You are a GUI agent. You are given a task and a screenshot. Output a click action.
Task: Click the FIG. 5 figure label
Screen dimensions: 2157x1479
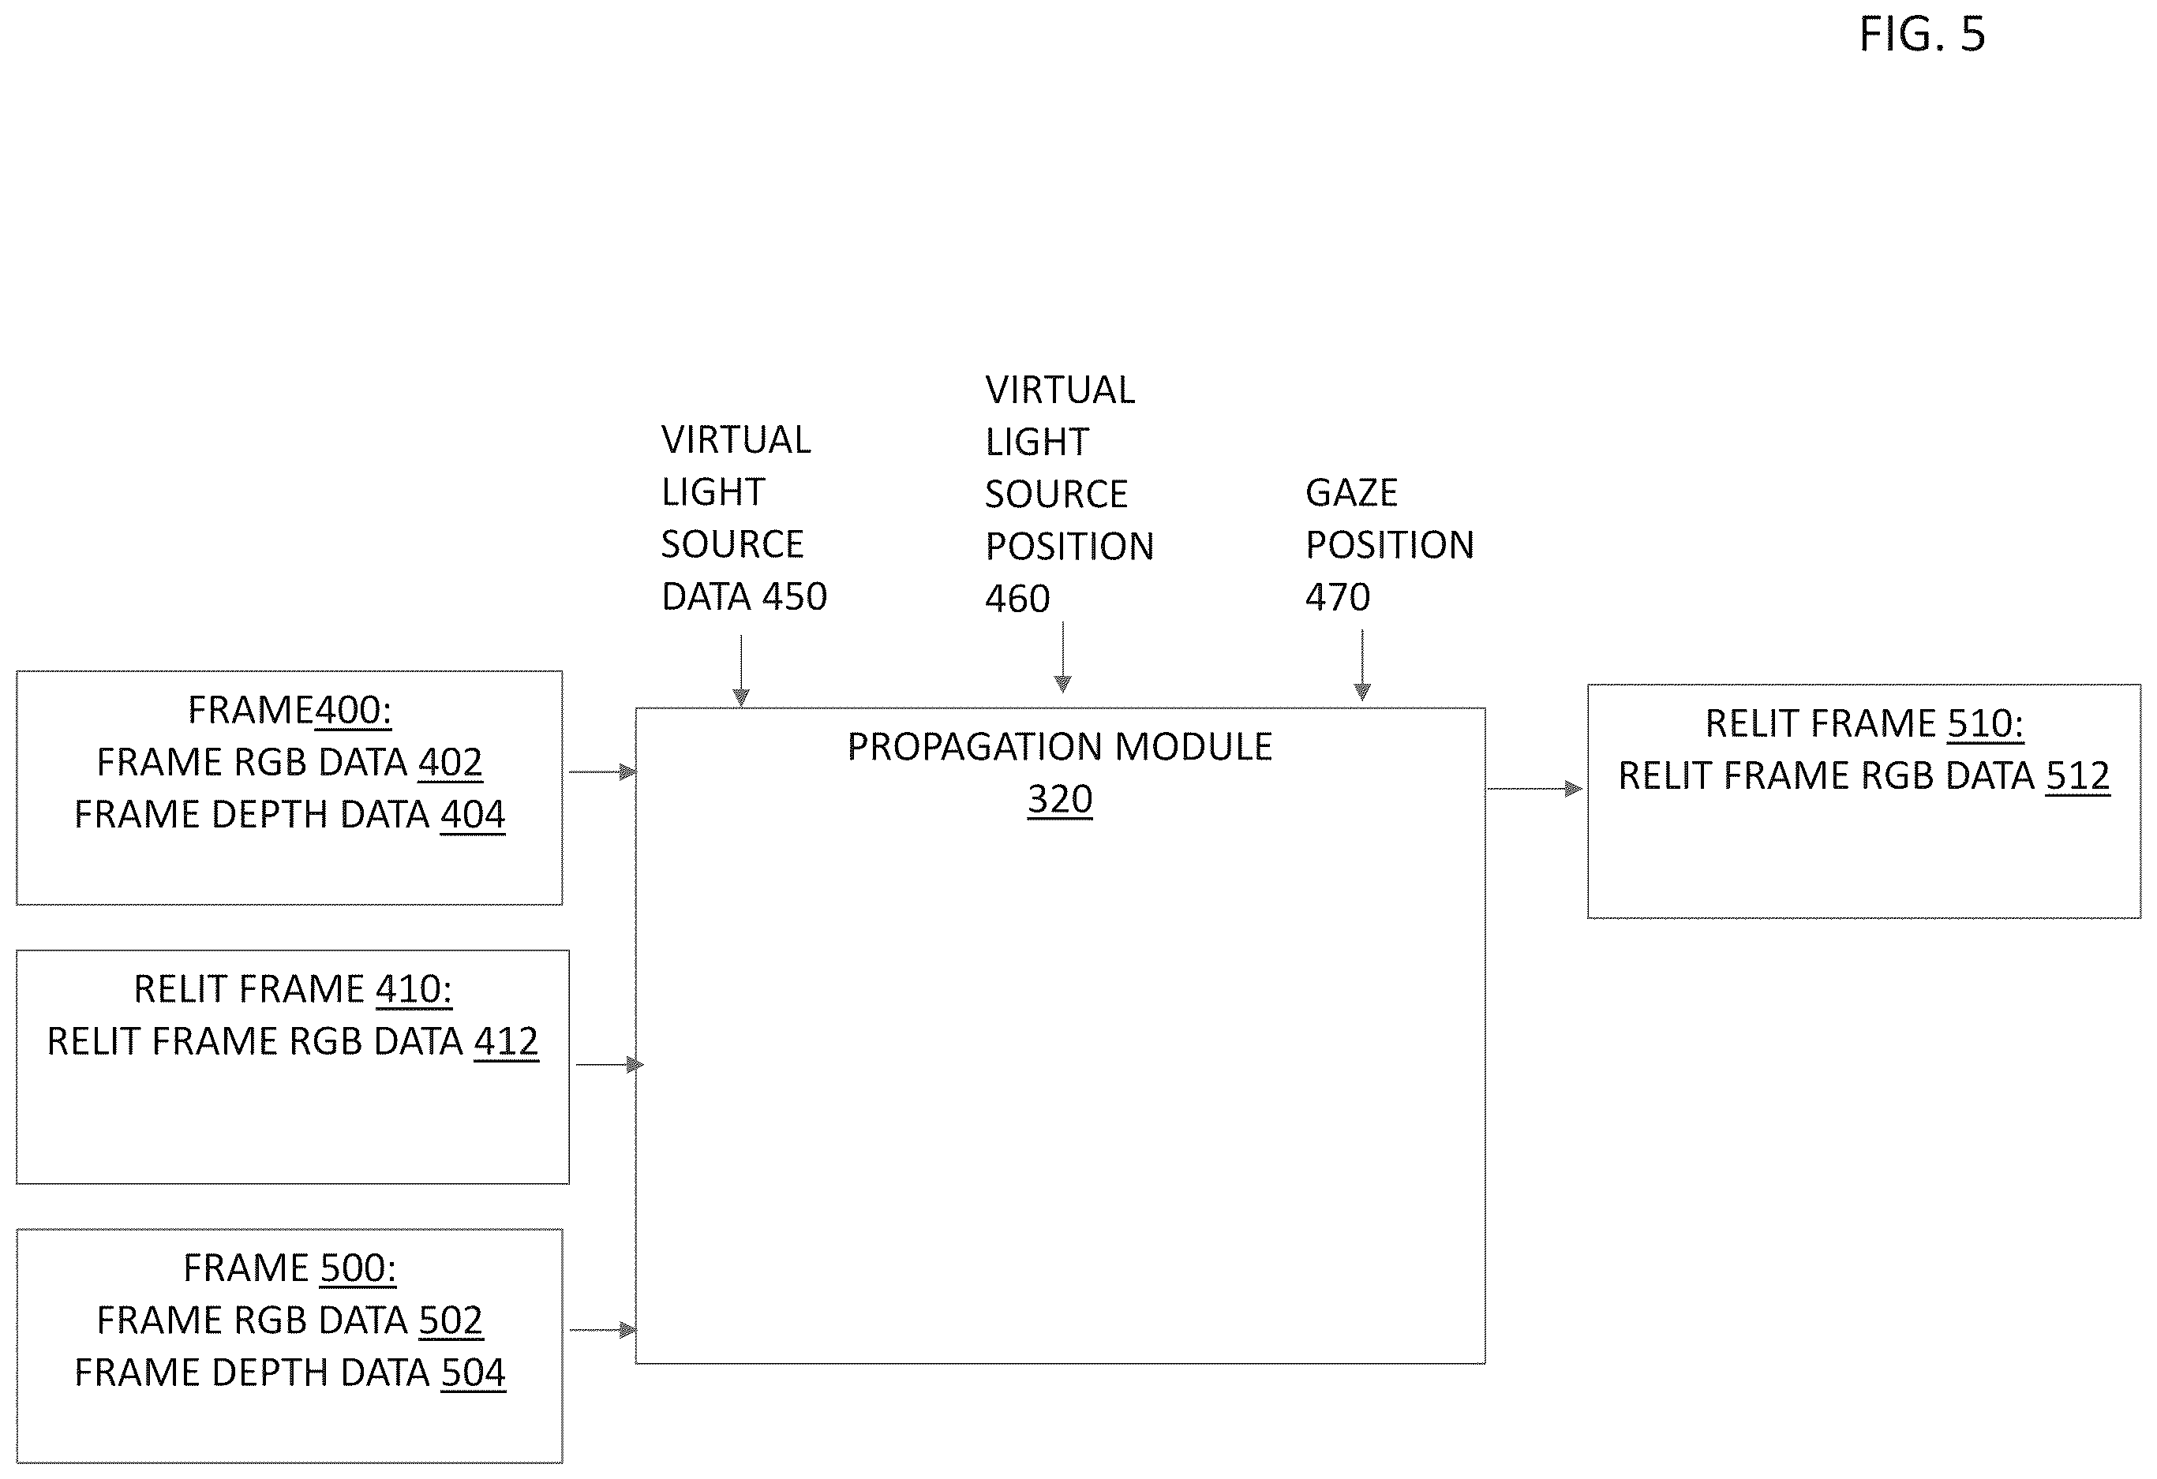1922,35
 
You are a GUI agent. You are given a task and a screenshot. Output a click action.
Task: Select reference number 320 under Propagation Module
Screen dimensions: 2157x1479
1060,798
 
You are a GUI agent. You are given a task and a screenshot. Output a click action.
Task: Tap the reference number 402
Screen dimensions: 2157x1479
450,762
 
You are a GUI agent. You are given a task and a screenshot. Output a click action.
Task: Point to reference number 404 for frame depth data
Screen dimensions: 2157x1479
473,814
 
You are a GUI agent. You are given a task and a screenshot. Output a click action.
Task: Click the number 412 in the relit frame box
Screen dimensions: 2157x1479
506,1041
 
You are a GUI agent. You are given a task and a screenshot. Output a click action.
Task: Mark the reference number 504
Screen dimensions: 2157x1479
474,1372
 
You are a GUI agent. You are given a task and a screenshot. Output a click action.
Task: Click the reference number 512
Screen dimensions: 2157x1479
2078,775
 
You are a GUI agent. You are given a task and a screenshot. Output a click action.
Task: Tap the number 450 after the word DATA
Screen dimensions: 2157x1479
795,596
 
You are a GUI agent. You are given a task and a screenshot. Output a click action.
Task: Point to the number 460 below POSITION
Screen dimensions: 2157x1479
1018,599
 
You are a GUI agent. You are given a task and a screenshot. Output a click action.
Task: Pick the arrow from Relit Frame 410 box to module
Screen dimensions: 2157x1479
610,1064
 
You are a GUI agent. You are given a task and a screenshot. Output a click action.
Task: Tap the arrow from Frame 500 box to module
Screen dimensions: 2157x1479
603,1330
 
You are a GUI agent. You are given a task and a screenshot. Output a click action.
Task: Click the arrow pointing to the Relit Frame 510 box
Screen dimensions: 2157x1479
1535,789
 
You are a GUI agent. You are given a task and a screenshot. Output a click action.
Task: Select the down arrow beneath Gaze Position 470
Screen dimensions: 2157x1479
1362,664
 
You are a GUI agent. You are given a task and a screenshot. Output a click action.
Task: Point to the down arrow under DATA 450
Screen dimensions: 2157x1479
740,670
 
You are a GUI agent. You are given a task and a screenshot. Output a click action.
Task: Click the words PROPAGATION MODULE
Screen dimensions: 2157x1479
1060,746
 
